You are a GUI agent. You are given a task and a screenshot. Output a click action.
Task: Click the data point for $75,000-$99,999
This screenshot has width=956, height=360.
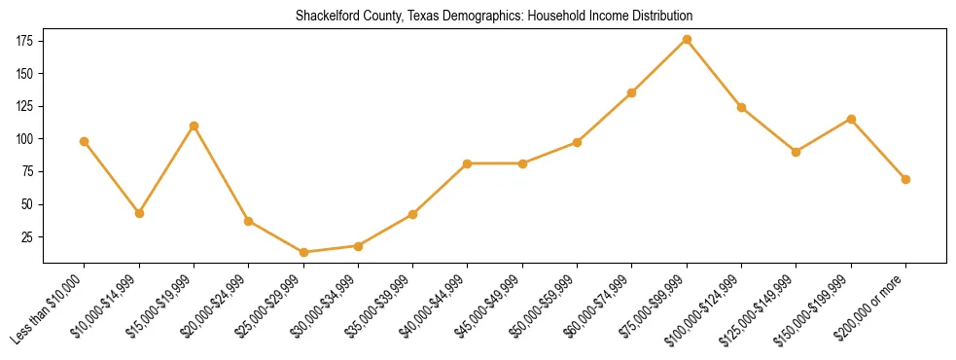coord(687,39)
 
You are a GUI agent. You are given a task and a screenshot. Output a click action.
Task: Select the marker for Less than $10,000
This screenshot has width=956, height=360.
coord(85,141)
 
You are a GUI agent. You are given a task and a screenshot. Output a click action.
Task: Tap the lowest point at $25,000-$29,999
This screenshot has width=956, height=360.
coord(303,252)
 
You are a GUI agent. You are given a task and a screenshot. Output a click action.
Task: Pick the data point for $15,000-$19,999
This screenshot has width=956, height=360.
coord(194,126)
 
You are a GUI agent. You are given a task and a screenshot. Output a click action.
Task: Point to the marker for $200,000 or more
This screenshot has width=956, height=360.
coord(905,179)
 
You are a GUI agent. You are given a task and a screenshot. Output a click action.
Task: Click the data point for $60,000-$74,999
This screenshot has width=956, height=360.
coord(632,92)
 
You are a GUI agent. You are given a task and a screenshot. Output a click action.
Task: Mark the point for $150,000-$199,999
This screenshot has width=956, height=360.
coord(851,119)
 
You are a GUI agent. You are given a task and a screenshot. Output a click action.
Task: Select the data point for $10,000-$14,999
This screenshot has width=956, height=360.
coord(139,213)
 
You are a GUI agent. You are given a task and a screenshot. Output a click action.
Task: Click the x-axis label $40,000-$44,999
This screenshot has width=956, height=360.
coord(437,306)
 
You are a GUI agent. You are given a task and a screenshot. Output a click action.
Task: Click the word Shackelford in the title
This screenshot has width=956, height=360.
coord(328,17)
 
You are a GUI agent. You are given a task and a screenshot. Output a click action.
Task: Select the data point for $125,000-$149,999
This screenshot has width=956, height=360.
coord(797,152)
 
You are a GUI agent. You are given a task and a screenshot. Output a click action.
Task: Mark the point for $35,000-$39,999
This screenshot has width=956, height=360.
coord(412,214)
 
